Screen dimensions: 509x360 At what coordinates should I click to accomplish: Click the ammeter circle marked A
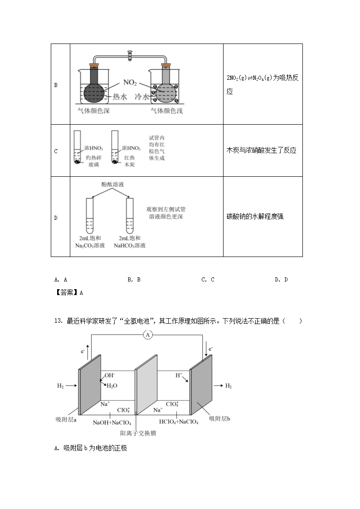tap(147, 335)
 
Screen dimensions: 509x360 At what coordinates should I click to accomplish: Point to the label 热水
tap(120, 97)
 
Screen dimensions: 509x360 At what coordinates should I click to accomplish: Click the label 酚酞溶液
tap(113, 184)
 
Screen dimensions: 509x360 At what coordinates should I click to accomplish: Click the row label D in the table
tap(56, 218)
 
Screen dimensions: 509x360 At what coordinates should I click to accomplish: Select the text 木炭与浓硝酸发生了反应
tap(261, 150)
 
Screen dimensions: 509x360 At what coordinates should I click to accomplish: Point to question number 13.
tap(58, 321)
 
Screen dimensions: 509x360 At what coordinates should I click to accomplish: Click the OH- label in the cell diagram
tap(110, 375)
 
